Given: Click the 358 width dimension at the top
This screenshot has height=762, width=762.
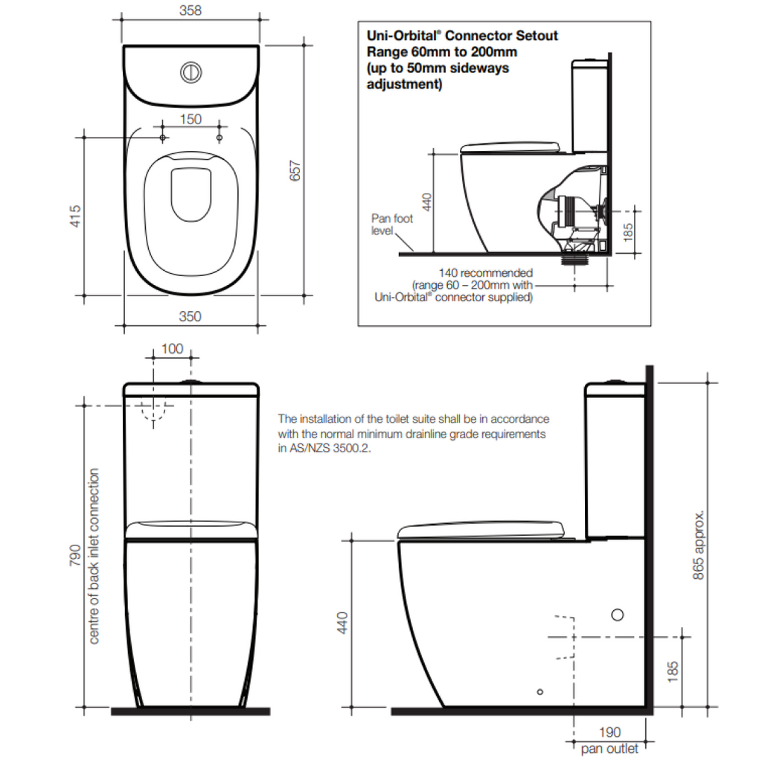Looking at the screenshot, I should [x=190, y=11].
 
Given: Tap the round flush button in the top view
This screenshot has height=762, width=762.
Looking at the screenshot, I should [x=191, y=72].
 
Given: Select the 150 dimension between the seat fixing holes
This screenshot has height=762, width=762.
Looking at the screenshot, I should [x=190, y=119].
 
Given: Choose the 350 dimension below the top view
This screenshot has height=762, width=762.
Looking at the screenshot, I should [x=190, y=316].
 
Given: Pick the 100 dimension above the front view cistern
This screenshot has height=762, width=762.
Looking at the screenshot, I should [x=172, y=349].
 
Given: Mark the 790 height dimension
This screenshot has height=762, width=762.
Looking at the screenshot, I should [x=74, y=555].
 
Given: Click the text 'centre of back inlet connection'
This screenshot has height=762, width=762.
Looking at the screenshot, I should [x=95, y=556].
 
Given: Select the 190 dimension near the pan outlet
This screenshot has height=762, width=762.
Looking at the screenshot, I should [x=609, y=733].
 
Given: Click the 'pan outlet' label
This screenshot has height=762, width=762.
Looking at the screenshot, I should [x=609, y=749].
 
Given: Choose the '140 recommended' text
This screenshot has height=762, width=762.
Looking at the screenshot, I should [x=485, y=273].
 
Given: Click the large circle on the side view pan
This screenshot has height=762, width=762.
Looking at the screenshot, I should [x=617, y=615].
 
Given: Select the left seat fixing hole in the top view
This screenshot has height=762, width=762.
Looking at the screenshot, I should [x=162, y=138].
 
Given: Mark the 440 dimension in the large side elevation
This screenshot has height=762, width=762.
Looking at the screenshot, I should [x=342, y=621].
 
